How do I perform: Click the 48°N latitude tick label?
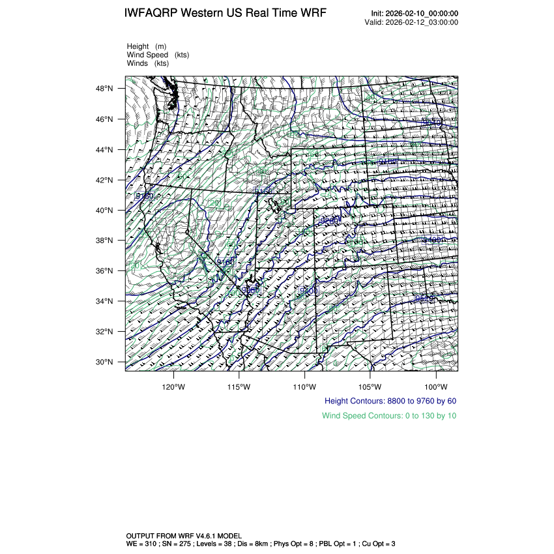point(106,89)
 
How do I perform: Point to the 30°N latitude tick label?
point(106,362)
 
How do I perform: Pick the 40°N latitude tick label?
point(106,211)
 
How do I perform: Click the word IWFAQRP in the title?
point(151,14)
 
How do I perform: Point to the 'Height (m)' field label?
point(147,47)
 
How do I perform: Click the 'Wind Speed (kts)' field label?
point(158,55)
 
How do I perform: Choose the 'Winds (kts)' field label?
point(148,64)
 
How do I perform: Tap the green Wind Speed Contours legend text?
point(389,415)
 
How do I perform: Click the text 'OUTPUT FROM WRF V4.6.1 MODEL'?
point(184,536)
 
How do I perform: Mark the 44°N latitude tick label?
point(106,150)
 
